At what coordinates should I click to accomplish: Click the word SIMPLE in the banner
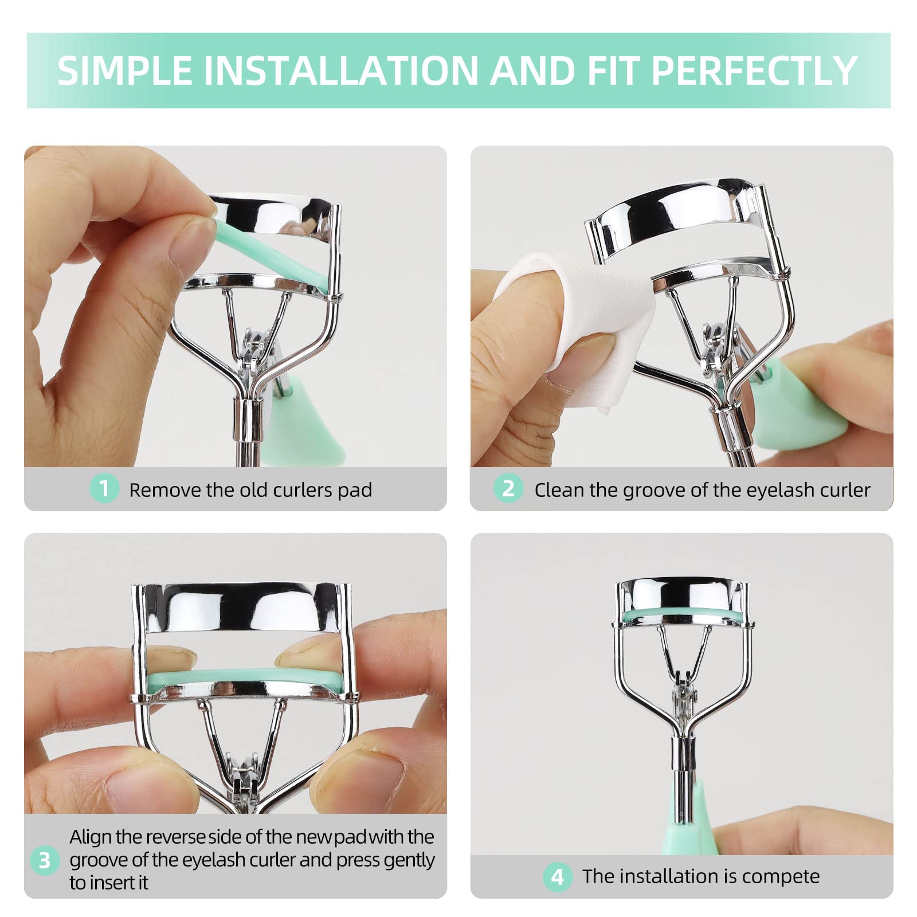tap(125, 70)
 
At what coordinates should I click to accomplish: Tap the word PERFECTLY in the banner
tap(754, 70)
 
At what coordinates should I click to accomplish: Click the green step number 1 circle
tap(104, 489)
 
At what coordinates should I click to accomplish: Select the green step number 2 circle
tap(508, 489)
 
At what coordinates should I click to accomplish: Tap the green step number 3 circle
tap(45, 861)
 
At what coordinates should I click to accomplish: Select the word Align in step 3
tap(91, 838)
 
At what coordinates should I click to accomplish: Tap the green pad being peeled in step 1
tap(269, 255)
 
